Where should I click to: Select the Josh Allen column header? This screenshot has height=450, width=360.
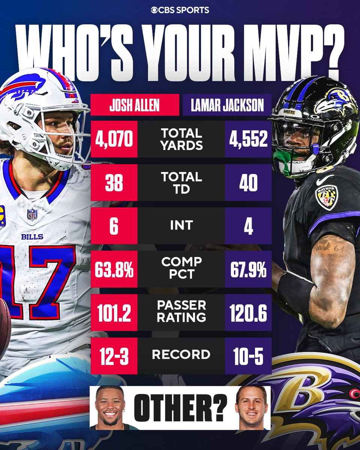(134, 105)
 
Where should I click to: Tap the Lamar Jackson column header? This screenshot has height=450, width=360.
(227, 105)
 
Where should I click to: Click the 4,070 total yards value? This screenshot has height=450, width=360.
(114, 139)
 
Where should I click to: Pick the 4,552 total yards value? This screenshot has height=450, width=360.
(248, 139)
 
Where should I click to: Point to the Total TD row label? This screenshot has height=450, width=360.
(181, 182)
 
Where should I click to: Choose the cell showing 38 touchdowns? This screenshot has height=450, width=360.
(114, 183)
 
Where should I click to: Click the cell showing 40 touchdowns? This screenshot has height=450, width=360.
(248, 183)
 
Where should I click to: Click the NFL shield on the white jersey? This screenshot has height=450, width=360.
(32, 214)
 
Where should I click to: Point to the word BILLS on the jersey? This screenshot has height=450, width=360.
(32, 237)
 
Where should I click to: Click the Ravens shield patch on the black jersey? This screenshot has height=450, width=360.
(326, 197)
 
